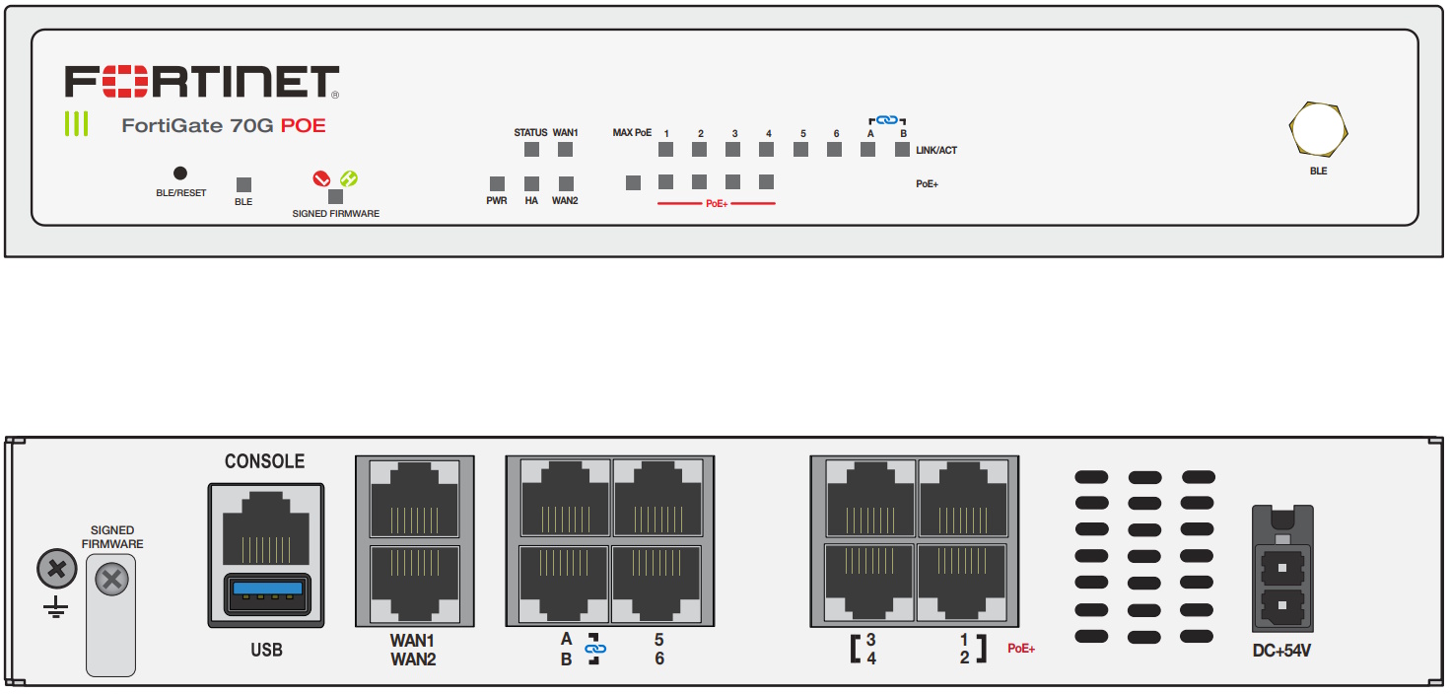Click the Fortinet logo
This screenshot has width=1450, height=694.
coord(201,82)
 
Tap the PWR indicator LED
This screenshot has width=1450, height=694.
coord(497,184)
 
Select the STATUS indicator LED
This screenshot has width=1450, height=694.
coord(531,150)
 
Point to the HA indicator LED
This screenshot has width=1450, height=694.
coord(531,184)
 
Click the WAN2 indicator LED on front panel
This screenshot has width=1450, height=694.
coord(566,184)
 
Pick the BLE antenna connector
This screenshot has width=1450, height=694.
coord(1319,129)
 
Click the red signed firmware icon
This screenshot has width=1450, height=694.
coord(321,178)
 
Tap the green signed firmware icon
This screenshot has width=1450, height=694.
coord(349,178)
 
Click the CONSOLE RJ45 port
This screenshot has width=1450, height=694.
coord(265,528)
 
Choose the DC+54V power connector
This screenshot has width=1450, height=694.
coord(1282,569)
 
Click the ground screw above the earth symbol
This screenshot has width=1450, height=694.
coord(57,569)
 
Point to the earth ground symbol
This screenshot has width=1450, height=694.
coord(55,607)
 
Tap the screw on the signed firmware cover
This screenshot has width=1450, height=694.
coord(112,580)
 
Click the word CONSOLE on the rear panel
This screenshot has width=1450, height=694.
coord(265,461)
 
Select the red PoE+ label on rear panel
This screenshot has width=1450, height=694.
coord(1021,649)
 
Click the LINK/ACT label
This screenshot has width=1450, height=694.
coord(936,150)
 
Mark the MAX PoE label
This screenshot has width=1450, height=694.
coord(632,133)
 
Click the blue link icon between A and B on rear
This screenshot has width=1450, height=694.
coord(595,649)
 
